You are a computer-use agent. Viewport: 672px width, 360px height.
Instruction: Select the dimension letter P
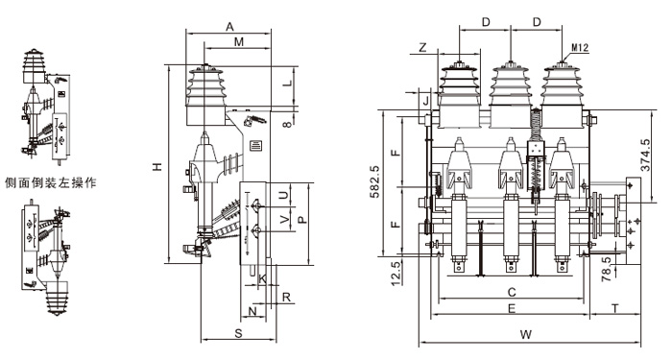coord(301,220)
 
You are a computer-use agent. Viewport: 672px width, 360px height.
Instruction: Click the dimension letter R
coord(287,298)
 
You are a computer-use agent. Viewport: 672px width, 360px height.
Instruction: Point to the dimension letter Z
coord(423,47)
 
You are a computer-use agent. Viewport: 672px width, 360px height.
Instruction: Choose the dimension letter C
coord(512,293)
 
